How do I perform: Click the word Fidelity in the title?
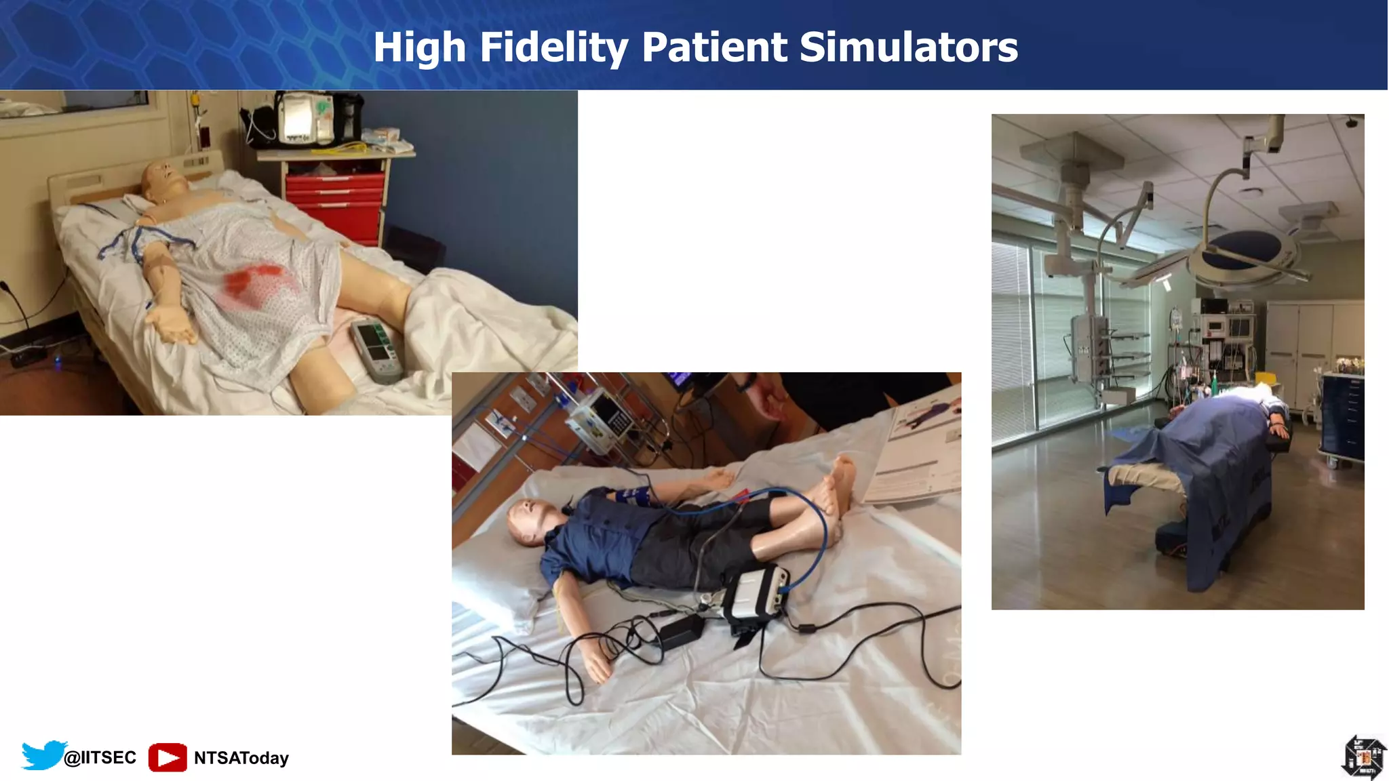553,47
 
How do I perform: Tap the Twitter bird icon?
43,755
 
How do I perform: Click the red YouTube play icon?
168,757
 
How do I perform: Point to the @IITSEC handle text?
100,757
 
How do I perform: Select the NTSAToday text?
241,758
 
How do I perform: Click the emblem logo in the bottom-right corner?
1363,757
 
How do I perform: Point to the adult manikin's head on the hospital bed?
164,181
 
